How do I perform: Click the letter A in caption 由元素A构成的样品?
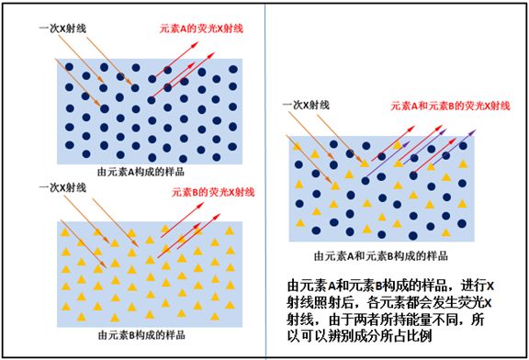click(132, 170)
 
